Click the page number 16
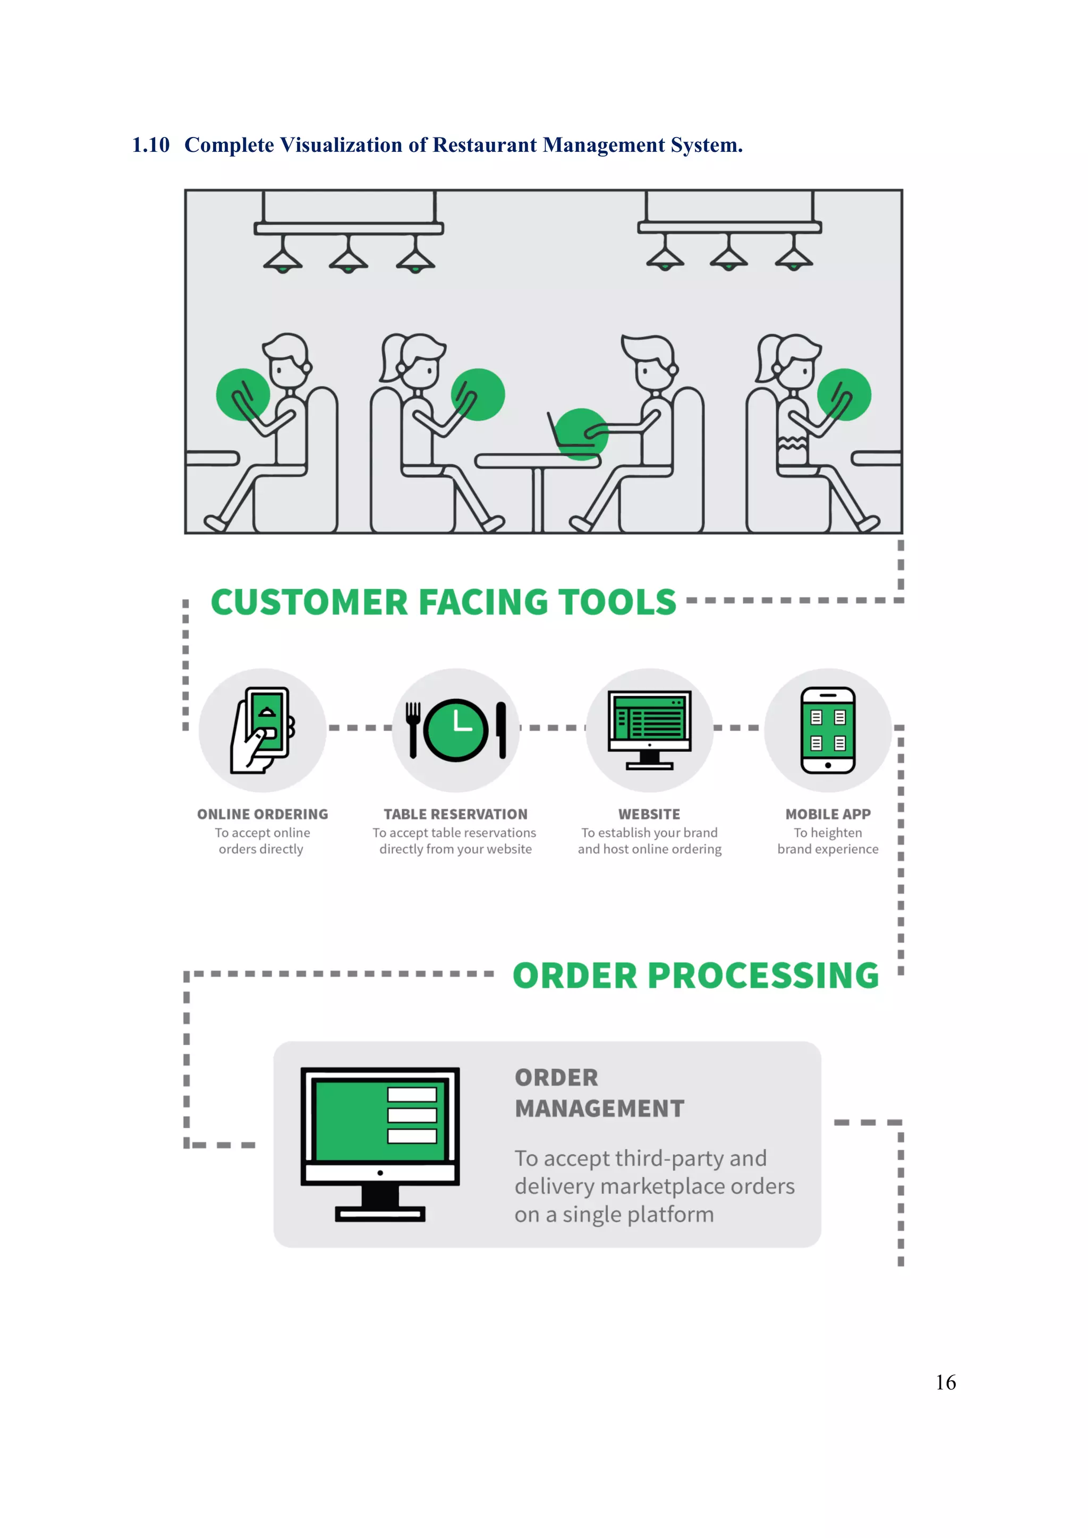point(945,1382)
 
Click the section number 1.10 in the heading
point(151,144)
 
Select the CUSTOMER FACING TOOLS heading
point(444,602)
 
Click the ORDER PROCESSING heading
point(695,975)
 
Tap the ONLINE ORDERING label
point(262,814)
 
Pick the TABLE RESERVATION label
point(456,814)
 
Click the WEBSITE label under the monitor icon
point(649,814)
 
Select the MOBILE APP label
point(828,814)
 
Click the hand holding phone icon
point(262,730)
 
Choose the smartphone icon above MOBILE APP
point(828,730)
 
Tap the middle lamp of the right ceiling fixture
point(729,258)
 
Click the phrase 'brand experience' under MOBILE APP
point(828,849)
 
